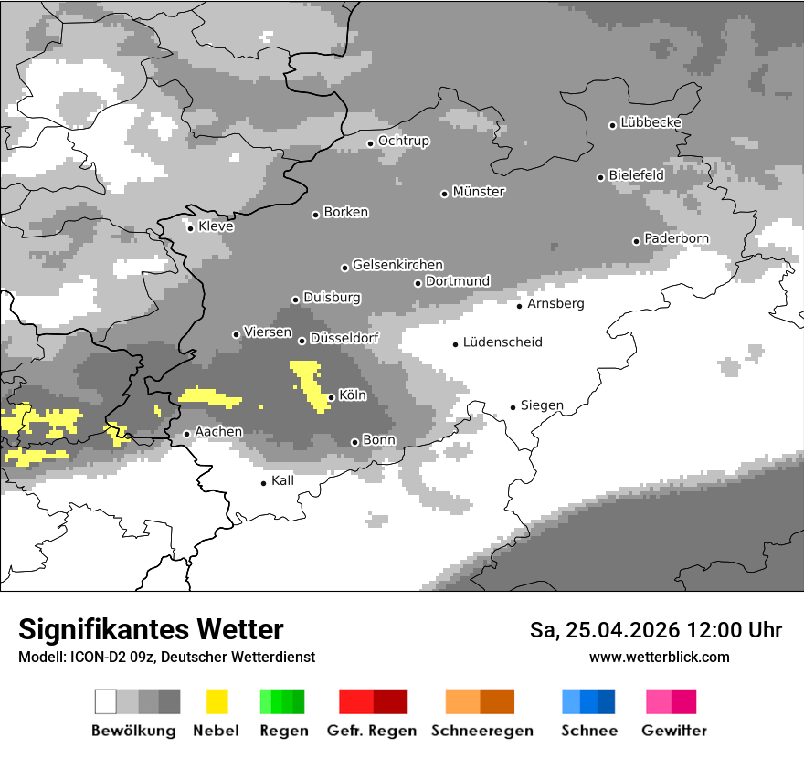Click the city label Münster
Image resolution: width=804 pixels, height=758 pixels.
[479, 192]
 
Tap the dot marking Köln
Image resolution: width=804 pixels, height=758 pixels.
[331, 397]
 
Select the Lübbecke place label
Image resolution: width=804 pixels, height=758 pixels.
[651, 122]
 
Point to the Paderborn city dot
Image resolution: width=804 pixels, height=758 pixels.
[637, 241]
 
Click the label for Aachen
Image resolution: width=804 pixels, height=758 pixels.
[219, 432]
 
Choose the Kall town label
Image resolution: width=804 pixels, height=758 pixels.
[283, 480]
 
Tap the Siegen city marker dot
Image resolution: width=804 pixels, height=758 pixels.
[513, 407]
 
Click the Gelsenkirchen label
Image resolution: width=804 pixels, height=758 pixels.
[397, 265]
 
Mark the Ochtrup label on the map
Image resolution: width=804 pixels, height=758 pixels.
[404, 142]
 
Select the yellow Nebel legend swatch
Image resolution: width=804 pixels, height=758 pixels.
[217, 701]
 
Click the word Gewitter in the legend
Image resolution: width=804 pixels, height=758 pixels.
[673, 731]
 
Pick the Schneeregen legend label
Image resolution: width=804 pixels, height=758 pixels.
[482, 731]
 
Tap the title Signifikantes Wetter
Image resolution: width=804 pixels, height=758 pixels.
[151, 629]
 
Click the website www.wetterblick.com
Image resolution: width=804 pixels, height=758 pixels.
[659, 657]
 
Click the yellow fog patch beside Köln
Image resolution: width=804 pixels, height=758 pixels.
[309, 382]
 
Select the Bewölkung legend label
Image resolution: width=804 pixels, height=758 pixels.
[133, 731]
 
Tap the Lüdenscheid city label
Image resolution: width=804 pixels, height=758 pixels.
[503, 342]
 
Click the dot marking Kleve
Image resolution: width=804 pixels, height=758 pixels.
[190, 228]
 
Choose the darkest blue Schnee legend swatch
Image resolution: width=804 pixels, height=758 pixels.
[607, 701]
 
